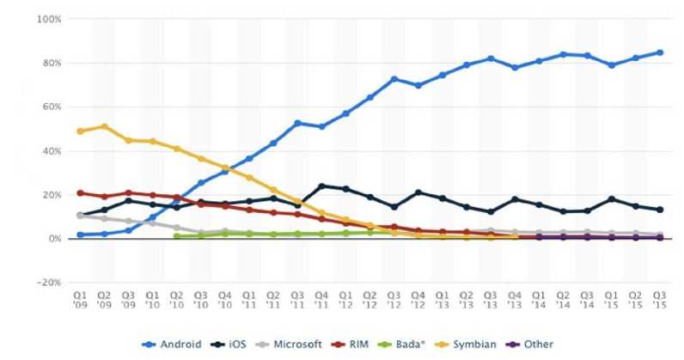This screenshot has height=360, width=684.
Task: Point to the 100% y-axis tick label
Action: (x=47, y=19)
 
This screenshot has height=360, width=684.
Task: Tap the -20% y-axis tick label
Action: (x=48, y=282)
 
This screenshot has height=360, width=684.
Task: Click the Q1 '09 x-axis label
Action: (x=81, y=299)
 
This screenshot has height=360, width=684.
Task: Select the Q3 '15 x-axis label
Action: (x=658, y=299)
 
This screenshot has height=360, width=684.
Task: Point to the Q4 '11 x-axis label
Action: (x=321, y=299)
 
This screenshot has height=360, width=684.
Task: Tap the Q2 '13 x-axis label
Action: (x=466, y=299)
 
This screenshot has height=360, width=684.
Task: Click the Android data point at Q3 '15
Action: (x=659, y=52)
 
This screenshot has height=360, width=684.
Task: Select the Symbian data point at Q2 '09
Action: (x=105, y=126)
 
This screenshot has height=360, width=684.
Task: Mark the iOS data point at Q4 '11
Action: (x=321, y=186)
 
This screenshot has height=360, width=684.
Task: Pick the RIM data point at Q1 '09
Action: (x=81, y=192)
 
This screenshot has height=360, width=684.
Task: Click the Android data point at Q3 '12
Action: (x=394, y=79)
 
